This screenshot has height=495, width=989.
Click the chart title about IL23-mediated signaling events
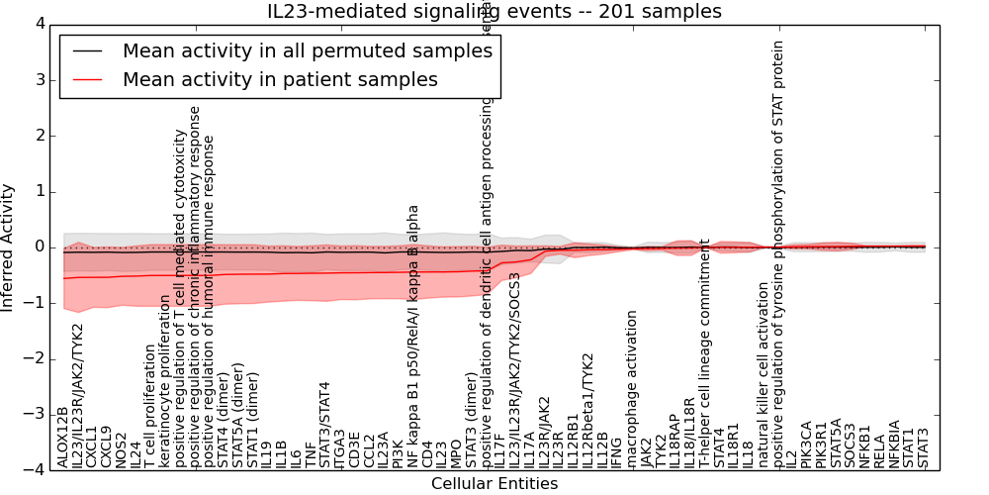494,12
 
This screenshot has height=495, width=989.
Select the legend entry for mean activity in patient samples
280,79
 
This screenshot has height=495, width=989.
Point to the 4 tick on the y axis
39,24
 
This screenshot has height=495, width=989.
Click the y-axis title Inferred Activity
9,247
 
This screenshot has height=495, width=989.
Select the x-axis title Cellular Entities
494,484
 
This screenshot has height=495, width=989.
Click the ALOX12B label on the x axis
63,437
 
